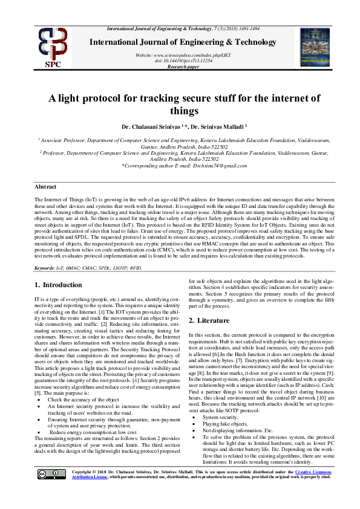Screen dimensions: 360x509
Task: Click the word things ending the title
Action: [180, 111]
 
